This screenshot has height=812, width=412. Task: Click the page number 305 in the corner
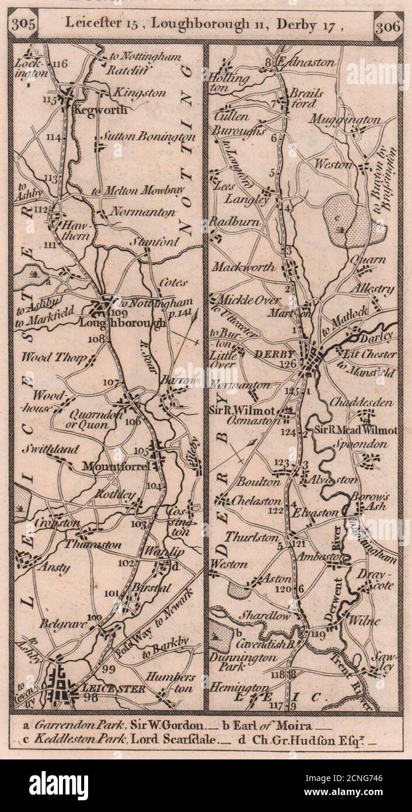(23, 25)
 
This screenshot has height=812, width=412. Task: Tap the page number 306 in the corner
(387, 25)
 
